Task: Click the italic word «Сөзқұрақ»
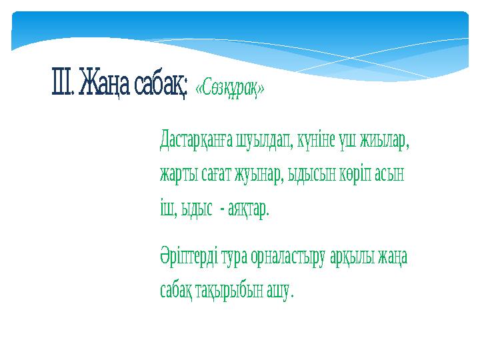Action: (229, 89)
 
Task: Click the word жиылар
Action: (384, 141)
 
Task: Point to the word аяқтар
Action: (248, 209)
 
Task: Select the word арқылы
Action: (354, 257)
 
